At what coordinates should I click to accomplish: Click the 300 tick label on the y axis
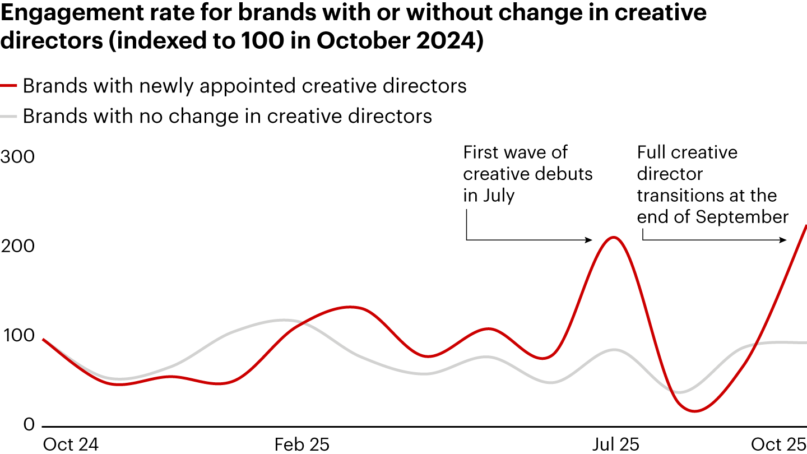click(17, 157)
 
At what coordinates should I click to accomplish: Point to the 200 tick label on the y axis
click(17, 247)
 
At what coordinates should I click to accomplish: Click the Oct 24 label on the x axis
click(70, 444)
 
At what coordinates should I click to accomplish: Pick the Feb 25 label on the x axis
click(302, 444)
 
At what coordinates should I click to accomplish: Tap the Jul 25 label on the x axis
click(616, 444)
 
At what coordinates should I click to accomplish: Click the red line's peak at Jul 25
click(613, 237)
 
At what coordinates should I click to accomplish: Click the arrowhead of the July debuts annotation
click(590, 240)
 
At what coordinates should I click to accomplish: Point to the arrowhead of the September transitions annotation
click(785, 240)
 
